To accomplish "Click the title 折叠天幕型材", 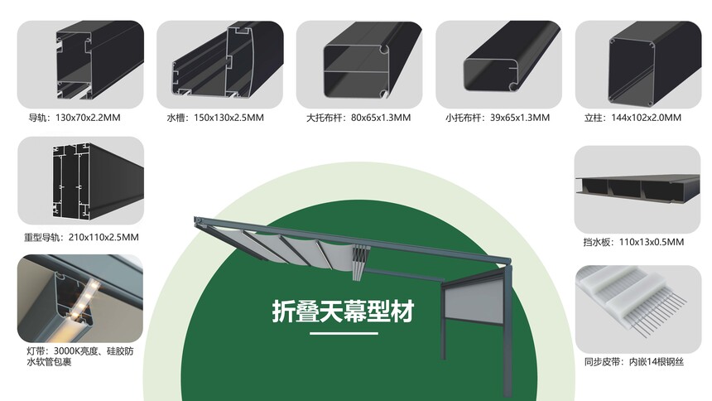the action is click(344, 312).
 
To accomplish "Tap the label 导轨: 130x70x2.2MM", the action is click(75, 118).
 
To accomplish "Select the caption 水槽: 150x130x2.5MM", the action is click(215, 118).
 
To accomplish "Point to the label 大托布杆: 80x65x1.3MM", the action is click(358, 118).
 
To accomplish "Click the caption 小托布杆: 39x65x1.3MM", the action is click(498, 118).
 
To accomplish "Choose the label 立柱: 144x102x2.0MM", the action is click(633, 118).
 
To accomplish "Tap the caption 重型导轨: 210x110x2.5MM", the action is click(81, 237).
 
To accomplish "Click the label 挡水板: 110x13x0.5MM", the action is click(633, 242).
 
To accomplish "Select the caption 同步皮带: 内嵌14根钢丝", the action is click(634, 362).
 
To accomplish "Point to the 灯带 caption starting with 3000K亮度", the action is click(80, 356).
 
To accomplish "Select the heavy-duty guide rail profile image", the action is click(98, 181).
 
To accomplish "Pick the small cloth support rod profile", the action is click(511, 57).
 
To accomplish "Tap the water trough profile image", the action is click(227, 60).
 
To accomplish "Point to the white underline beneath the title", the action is click(344, 333).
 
